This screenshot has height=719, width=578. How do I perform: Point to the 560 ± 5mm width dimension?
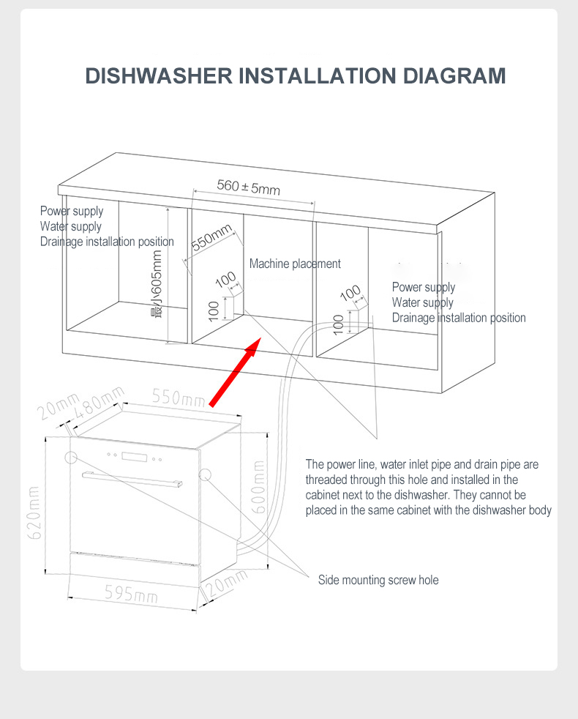[x=248, y=187]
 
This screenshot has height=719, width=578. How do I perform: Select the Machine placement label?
[x=295, y=264]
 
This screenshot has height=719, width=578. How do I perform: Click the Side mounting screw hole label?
[x=378, y=580]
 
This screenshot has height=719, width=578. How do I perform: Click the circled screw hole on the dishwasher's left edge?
[x=72, y=458]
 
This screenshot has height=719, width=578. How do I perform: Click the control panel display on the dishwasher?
[x=135, y=458]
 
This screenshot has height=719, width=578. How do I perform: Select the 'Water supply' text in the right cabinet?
[x=422, y=302]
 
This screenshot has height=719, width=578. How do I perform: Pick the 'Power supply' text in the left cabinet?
[x=72, y=211]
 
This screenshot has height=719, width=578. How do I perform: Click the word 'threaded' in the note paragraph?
[x=326, y=480]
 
